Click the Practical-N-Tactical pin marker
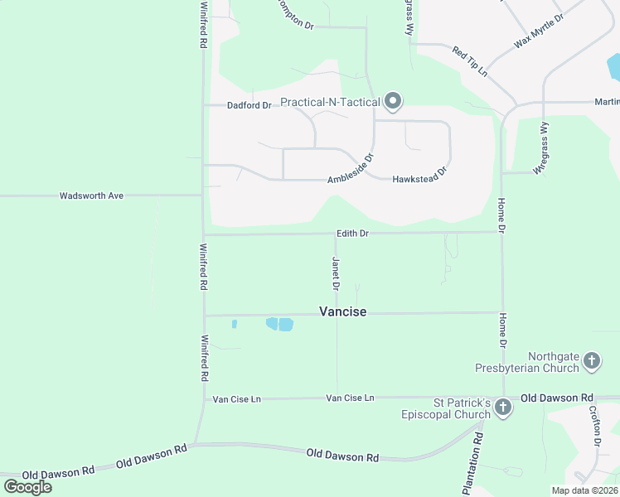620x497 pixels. pos(393,102)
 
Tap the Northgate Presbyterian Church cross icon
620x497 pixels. pos(591,360)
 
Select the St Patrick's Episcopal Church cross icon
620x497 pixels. pos(502,407)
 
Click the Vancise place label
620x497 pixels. pos(342,311)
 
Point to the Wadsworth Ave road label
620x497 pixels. pos(91,196)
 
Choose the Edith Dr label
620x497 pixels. pos(352,234)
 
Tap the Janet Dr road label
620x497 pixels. pos(336,273)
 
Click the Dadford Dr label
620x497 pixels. pos(249,105)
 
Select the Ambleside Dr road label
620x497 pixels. pos(351,169)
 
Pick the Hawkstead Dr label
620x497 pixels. pos(419,174)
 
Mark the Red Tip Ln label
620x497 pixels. pos(469,62)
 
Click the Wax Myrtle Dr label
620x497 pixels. pos(538,30)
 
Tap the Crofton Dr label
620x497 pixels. pos(595,426)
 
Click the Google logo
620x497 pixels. pos(27,486)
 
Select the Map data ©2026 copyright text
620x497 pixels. pos(584,490)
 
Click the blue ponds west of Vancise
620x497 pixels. pos(279,324)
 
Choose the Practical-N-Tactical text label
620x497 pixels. pos(330,103)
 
